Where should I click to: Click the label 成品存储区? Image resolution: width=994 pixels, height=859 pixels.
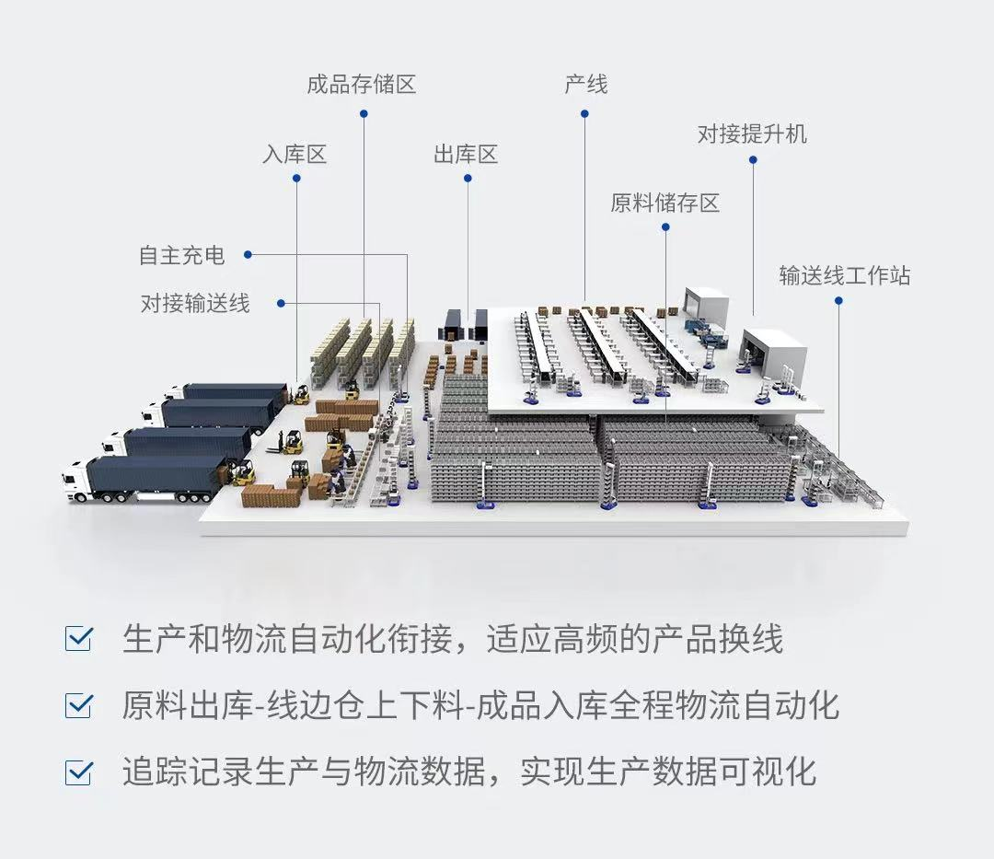click(x=362, y=85)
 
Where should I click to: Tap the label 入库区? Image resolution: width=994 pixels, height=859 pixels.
click(x=295, y=154)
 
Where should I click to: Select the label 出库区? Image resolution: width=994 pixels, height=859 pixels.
click(x=466, y=154)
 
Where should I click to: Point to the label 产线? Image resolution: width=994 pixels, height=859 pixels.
click(x=585, y=85)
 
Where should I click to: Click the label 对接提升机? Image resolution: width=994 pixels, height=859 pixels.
click(x=753, y=133)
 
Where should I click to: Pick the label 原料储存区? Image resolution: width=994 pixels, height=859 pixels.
click(x=665, y=203)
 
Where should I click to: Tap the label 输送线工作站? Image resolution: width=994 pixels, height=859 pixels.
click(x=845, y=276)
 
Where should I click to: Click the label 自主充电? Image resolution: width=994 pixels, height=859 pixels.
click(x=182, y=255)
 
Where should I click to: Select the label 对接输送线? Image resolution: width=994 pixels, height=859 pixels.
click(x=195, y=303)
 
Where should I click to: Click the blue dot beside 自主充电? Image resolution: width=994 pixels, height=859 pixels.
click(x=248, y=255)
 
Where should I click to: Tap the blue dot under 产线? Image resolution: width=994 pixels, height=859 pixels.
click(x=584, y=114)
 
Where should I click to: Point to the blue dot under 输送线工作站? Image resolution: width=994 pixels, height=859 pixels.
click(x=838, y=300)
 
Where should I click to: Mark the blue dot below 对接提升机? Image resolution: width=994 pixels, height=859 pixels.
click(x=753, y=160)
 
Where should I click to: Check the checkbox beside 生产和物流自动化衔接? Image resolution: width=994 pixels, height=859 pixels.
click(x=78, y=638)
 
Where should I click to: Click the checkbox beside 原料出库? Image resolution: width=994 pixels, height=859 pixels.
click(x=78, y=705)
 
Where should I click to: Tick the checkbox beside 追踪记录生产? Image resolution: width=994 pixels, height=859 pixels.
click(x=78, y=772)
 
